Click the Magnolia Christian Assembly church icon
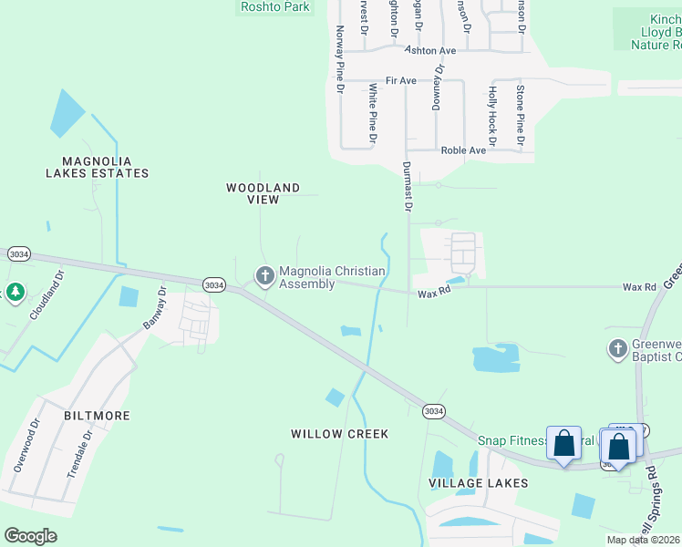265,274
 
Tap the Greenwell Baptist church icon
617,348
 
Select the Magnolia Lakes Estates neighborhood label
98,166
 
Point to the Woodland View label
263,193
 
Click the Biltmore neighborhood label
97,416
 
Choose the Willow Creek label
340,434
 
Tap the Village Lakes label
479,482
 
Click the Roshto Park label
274,7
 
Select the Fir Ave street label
401,81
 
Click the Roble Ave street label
463,150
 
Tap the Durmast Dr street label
408,187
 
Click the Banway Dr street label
155,308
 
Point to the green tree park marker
15,293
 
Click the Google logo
31,536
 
